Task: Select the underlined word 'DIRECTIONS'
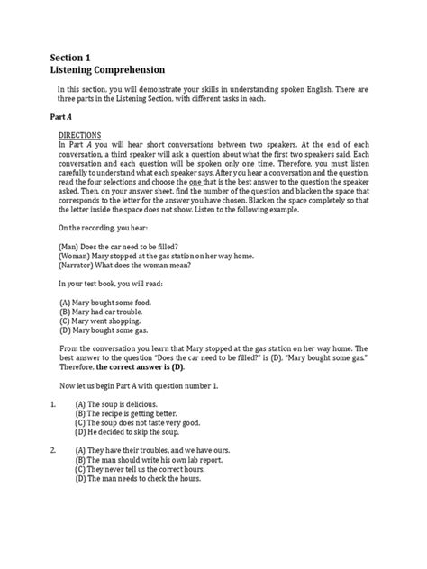point(80,134)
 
